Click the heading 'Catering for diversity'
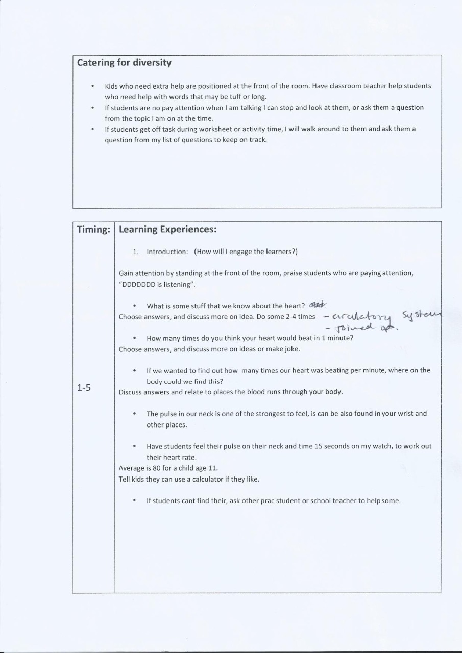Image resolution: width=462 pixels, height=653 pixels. point(124,63)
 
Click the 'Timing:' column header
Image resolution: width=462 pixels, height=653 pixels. point(93,230)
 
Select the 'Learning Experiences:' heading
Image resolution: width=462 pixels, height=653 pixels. point(168,230)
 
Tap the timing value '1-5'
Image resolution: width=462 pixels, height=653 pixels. point(84,388)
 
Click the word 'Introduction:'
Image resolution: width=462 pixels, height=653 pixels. point(167,252)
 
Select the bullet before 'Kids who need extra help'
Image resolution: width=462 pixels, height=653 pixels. point(92,86)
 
